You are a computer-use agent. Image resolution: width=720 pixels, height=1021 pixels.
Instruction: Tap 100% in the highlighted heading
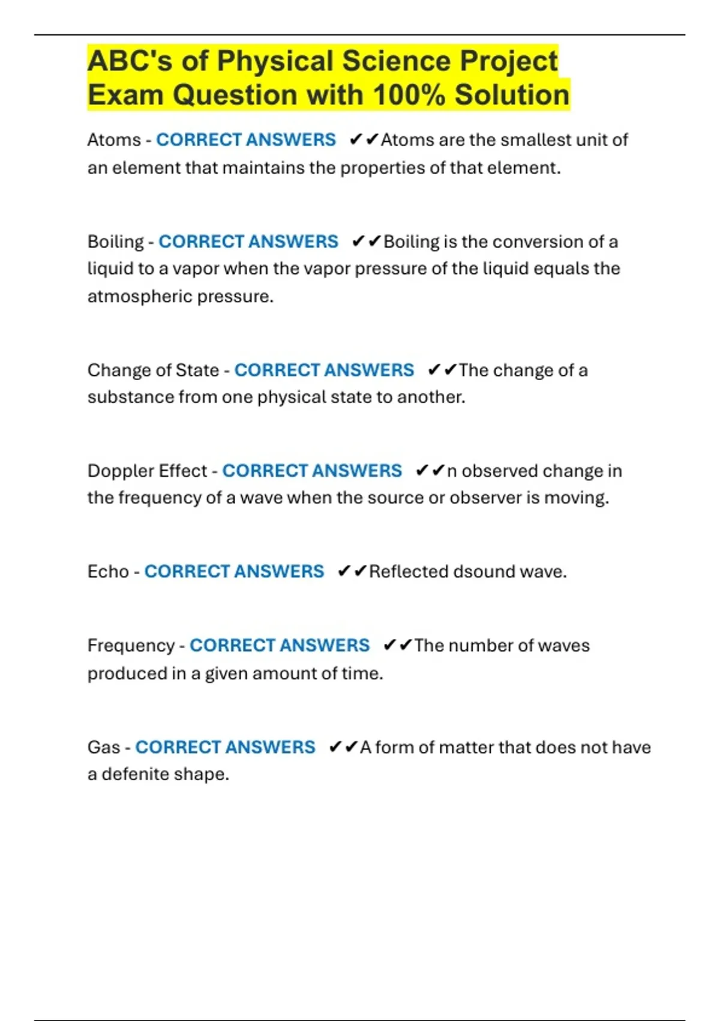tap(409, 95)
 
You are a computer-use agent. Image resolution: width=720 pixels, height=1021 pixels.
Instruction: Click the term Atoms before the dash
tap(114, 140)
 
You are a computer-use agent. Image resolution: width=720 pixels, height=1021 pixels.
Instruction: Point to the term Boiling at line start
tap(116, 241)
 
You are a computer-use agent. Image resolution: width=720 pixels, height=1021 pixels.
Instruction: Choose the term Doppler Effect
tap(147, 471)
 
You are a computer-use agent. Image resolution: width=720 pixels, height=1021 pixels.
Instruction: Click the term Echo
tap(108, 571)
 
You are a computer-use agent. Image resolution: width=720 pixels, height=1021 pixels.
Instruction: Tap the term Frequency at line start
tap(131, 646)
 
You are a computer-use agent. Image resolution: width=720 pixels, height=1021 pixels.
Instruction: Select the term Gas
tap(104, 747)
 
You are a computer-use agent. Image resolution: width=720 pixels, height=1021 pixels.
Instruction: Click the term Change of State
tap(153, 370)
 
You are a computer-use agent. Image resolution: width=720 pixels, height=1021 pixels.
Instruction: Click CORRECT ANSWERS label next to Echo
tap(234, 571)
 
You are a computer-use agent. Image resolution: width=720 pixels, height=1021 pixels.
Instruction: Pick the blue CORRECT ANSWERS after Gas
tap(225, 747)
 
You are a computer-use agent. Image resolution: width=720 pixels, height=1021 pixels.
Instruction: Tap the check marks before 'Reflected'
tap(352, 571)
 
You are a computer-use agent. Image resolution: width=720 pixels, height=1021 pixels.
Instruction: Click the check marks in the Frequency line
tap(397, 646)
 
